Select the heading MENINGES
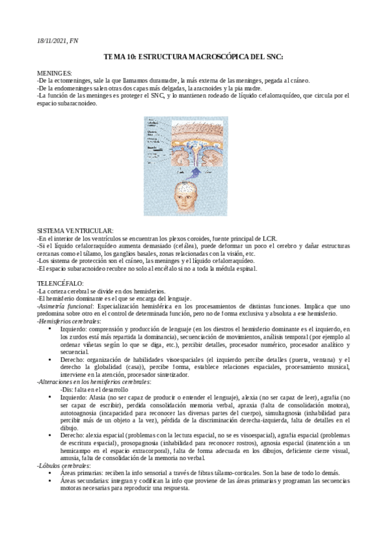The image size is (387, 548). (55, 74)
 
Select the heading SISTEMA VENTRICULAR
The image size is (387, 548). (76, 231)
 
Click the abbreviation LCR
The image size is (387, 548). (268, 238)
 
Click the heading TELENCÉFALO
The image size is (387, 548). (60, 283)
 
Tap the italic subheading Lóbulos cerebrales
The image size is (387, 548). (64, 465)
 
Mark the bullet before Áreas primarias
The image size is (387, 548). (50, 473)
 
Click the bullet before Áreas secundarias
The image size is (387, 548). (50, 481)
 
